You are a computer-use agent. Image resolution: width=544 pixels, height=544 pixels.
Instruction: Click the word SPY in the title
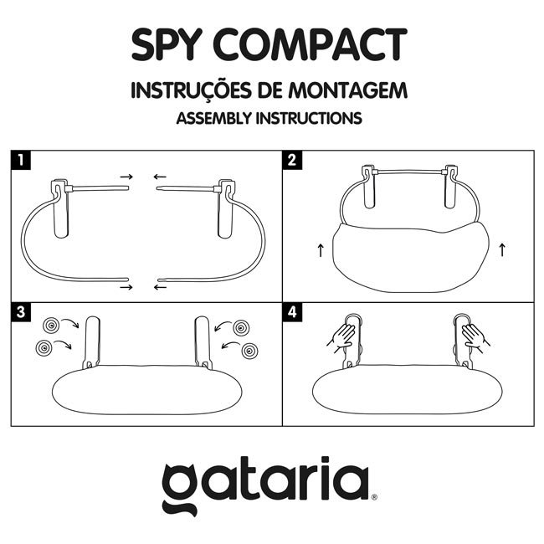(171, 45)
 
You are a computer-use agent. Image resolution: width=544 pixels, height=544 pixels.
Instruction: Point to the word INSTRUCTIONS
(309, 118)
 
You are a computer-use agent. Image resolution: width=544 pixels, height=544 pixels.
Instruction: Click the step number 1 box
(19, 159)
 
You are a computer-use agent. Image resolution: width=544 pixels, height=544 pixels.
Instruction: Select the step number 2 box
(290, 159)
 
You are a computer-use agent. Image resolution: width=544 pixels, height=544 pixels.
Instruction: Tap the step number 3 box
(19, 311)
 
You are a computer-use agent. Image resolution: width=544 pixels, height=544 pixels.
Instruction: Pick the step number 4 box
(290, 311)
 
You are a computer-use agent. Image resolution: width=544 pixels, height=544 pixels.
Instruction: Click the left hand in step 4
(341, 337)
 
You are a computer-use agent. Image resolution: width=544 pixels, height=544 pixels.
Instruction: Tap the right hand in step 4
(474, 337)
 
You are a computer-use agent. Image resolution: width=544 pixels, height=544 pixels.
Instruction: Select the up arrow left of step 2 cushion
(319, 249)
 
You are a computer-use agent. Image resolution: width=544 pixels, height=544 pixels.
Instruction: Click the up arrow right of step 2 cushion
(502, 249)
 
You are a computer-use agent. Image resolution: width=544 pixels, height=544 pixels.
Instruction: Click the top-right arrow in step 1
(160, 177)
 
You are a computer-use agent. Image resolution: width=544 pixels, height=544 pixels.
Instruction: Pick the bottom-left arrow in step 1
(126, 287)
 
